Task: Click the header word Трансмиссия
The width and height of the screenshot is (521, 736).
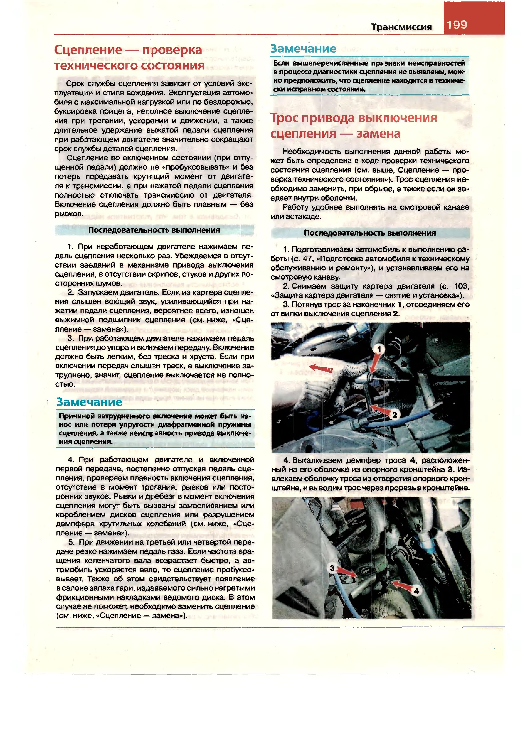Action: point(402,27)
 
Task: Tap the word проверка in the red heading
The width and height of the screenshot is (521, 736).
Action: point(173,50)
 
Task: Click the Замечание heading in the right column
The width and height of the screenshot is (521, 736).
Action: point(303,49)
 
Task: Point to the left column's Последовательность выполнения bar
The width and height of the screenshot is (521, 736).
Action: point(154,230)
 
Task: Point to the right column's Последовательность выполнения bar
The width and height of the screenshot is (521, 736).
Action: point(370,233)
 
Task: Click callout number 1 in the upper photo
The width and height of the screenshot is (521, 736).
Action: point(379,349)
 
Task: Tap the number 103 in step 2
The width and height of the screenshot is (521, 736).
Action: point(462,286)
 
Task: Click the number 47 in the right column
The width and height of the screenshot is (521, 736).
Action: point(308,259)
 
